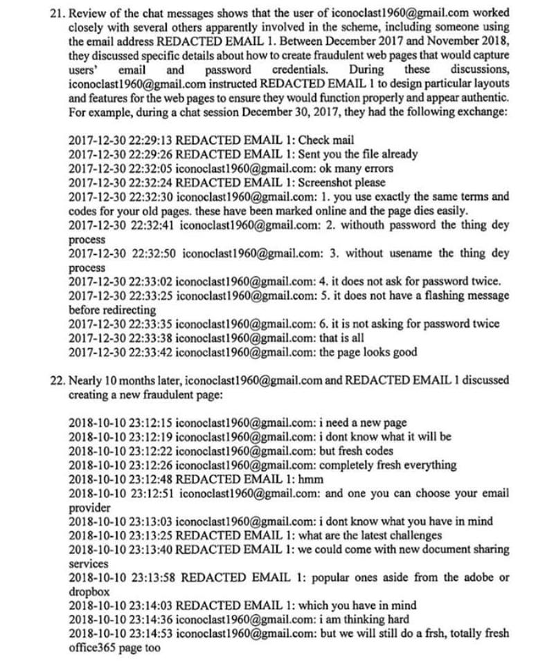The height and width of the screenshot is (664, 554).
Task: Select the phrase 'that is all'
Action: (x=344, y=338)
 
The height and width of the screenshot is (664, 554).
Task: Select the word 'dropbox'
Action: (x=87, y=591)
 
